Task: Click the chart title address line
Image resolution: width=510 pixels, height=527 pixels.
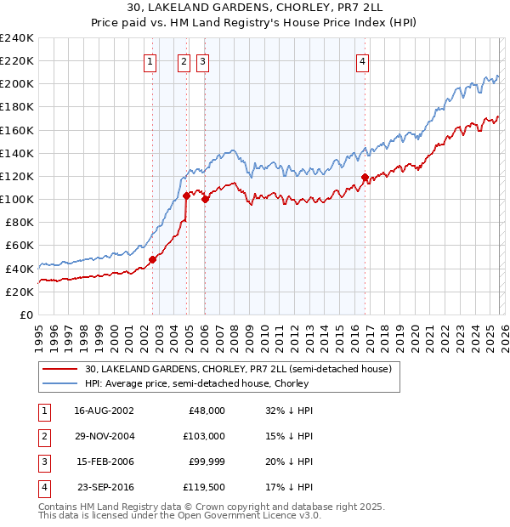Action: [x=255, y=8]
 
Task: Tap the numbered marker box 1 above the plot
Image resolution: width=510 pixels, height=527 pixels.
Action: [x=150, y=60]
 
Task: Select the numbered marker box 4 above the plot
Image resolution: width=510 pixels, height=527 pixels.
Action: [x=363, y=60]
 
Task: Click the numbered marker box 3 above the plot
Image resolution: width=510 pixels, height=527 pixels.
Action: [x=203, y=60]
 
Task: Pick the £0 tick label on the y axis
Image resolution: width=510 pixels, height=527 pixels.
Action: [x=25, y=314]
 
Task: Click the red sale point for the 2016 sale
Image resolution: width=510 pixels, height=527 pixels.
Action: [x=365, y=177]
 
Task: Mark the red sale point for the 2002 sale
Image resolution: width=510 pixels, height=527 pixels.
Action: [x=153, y=259]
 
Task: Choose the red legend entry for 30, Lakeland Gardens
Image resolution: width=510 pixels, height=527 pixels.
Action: [x=238, y=370]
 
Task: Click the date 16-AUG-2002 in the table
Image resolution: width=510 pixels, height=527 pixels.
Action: [x=104, y=410]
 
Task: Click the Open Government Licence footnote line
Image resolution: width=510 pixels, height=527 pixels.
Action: [x=168, y=516]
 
